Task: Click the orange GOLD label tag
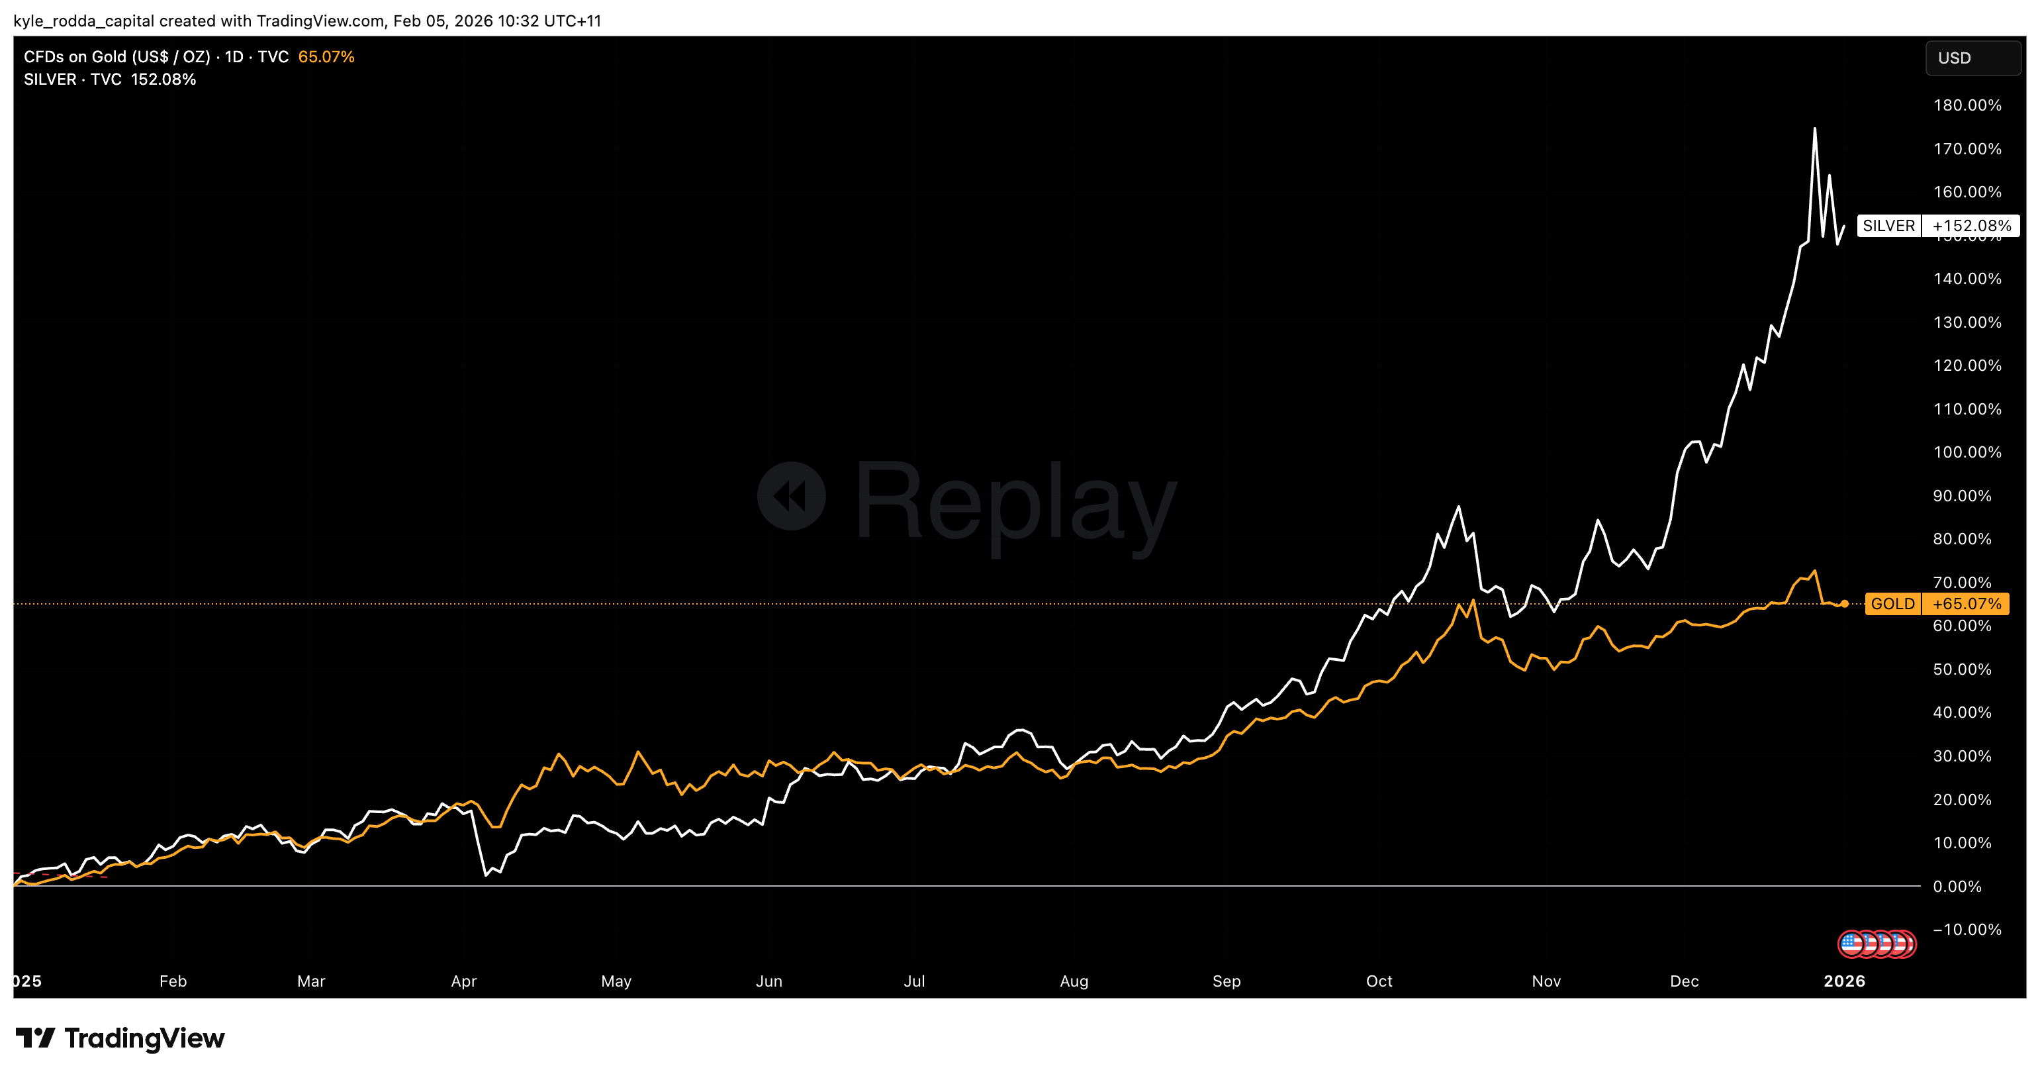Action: coord(1892,603)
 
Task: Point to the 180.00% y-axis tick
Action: coord(1967,105)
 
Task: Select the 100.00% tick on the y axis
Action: coord(1967,452)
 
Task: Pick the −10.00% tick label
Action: coord(1967,929)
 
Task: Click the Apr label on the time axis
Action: coord(463,981)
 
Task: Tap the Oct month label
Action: coord(1379,981)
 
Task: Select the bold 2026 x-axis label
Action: coord(1844,981)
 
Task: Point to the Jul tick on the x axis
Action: coord(914,981)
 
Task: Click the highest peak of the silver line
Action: coord(1814,129)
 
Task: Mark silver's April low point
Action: coord(485,875)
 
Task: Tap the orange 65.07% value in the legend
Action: coord(326,57)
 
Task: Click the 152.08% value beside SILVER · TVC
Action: coord(163,79)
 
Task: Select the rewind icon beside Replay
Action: coord(791,497)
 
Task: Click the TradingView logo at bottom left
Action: coord(120,1038)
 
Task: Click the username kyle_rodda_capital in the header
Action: coord(84,21)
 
